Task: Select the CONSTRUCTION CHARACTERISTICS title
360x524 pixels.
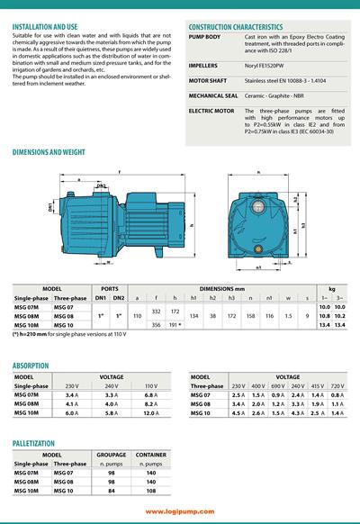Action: pos(235,28)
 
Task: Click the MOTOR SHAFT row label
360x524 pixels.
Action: pos(207,78)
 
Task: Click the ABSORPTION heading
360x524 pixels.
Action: pos(31,366)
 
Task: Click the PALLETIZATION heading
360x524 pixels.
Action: pos(38,443)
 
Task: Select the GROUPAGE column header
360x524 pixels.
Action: pos(112,455)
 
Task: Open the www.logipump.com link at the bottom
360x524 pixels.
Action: pos(179,511)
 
